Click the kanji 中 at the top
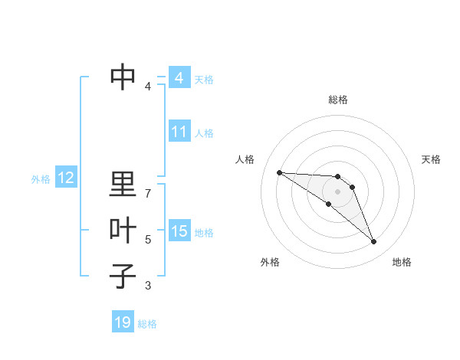[x=123, y=75]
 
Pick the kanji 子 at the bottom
[x=123, y=275]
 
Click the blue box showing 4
[x=179, y=78]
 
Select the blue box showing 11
[x=179, y=132]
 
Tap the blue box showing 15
[x=179, y=231]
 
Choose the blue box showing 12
[x=66, y=178]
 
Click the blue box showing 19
[x=123, y=322]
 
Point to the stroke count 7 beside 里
[x=148, y=194]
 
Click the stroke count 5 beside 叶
[x=148, y=240]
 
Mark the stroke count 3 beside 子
[x=148, y=286]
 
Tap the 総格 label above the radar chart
[x=337, y=100]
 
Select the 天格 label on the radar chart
[x=432, y=159]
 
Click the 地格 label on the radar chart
[x=402, y=262]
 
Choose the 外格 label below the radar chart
[x=270, y=262]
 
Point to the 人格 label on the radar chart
[x=245, y=159]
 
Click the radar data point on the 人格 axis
[x=279, y=172]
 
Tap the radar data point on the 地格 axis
[x=373, y=242]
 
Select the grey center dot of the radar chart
[x=337, y=191]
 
